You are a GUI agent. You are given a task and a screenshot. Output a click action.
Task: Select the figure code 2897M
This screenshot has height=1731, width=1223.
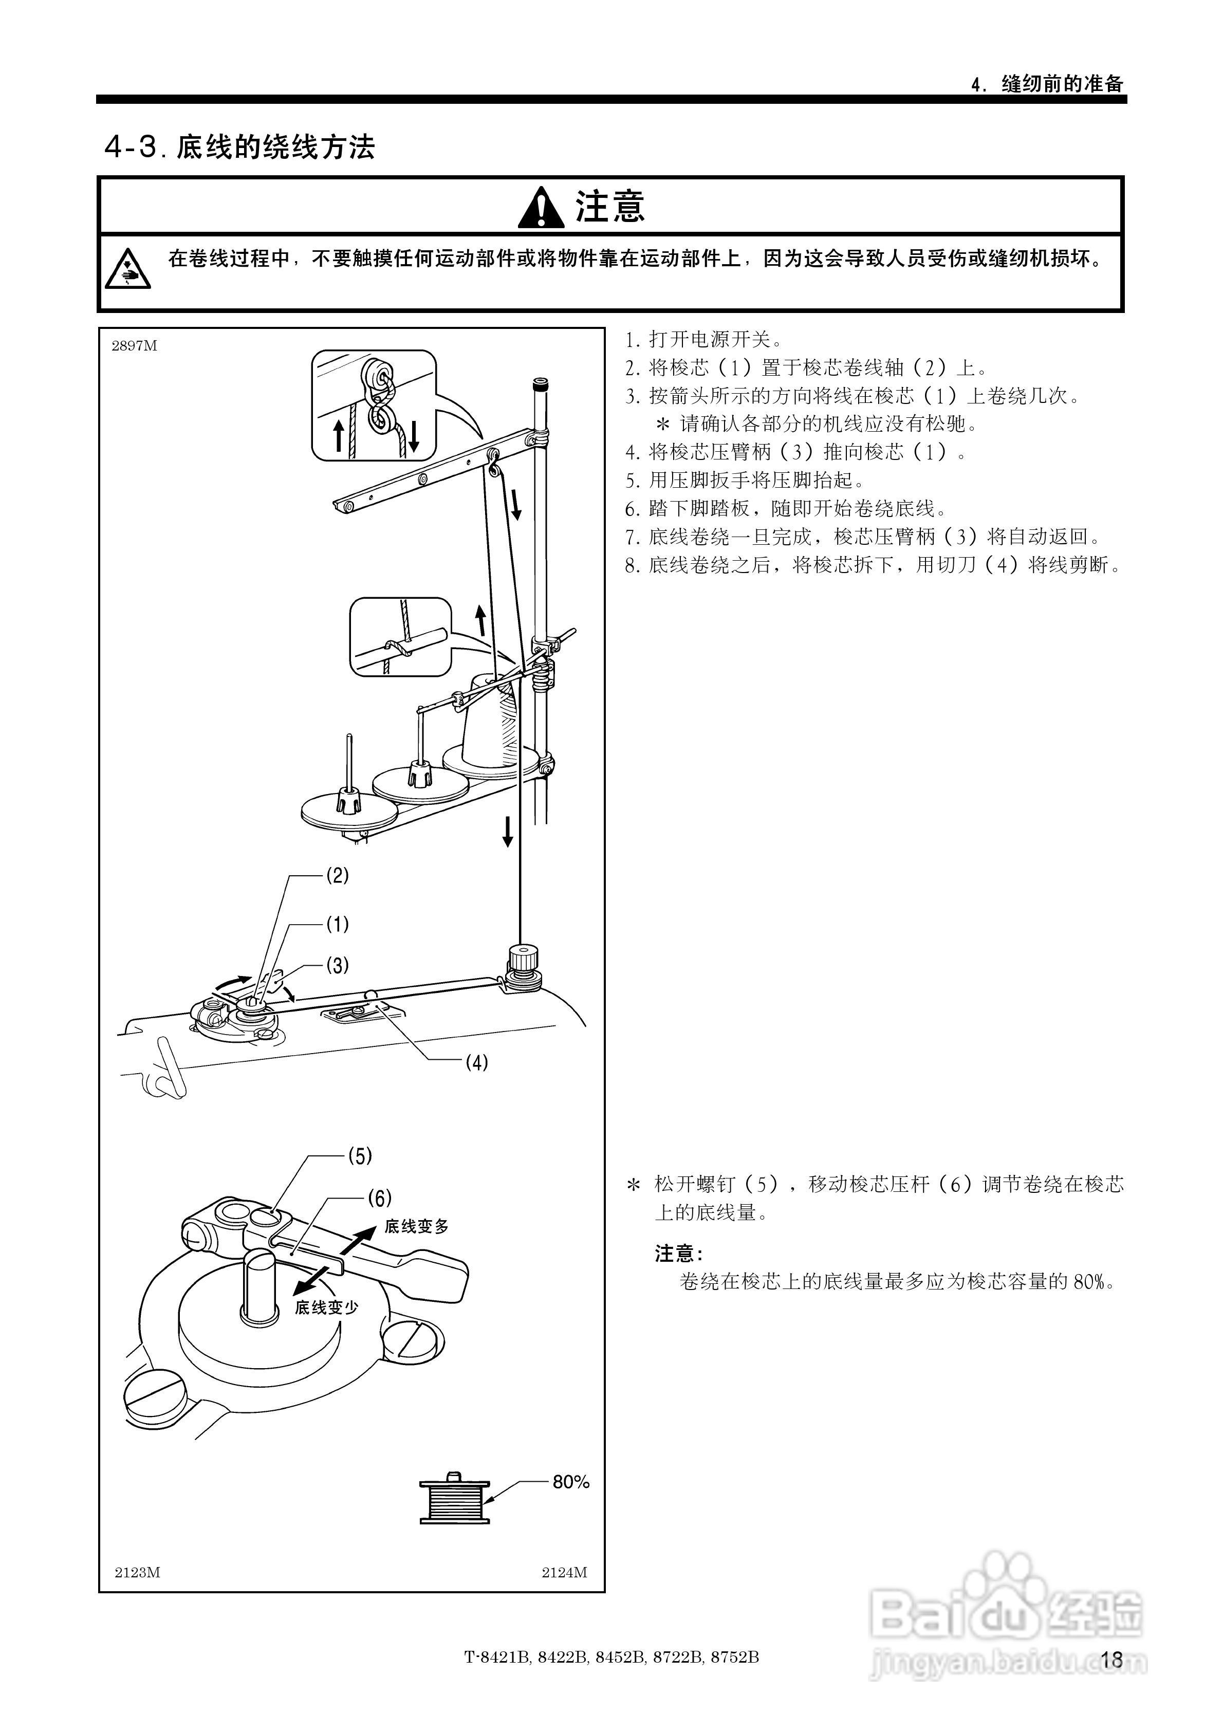(x=134, y=346)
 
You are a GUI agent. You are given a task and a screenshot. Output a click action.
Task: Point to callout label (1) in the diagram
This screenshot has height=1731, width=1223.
(x=337, y=924)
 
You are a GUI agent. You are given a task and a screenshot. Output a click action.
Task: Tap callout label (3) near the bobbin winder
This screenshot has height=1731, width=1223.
(x=337, y=965)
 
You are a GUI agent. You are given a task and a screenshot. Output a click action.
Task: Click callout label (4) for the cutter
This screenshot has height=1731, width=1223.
(x=476, y=1063)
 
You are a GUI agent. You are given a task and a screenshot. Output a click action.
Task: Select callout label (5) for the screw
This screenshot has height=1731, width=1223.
(x=360, y=1156)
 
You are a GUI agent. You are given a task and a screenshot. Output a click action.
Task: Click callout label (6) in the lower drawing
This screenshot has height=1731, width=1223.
(x=379, y=1198)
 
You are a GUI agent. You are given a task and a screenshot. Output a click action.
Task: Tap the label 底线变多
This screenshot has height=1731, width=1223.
(x=416, y=1227)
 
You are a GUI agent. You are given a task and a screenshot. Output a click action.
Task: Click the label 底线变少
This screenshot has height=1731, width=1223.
(x=326, y=1308)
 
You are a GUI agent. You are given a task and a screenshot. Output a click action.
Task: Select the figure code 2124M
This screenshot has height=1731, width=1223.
(x=564, y=1573)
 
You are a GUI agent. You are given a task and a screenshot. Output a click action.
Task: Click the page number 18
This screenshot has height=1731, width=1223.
(x=1111, y=1660)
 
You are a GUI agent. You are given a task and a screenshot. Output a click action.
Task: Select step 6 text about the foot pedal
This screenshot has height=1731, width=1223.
(x=787, y=509)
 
